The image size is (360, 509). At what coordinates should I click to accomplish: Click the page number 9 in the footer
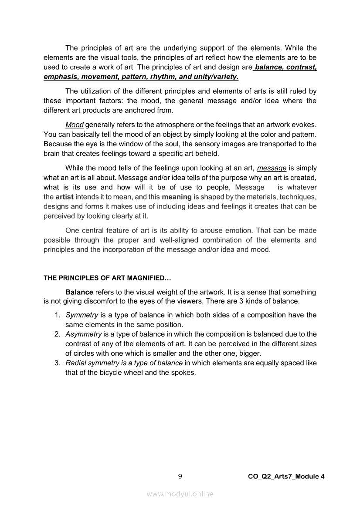[x=180, y=476]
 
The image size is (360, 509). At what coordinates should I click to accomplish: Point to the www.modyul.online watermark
[x=180, y=494]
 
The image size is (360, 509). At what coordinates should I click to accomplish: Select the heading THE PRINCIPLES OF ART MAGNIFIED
[x=105, y=277]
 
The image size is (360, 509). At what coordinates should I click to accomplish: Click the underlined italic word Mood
[x=74, y=125]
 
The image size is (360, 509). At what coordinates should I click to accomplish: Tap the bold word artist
[x=65, y=197]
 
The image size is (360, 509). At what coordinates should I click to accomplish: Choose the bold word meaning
[x=177, y=197]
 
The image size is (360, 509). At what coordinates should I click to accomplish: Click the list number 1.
[x=57, y=315]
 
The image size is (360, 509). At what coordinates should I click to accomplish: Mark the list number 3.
[x=57, y=363]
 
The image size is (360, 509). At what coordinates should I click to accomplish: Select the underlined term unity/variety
[x=215, y=77]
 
